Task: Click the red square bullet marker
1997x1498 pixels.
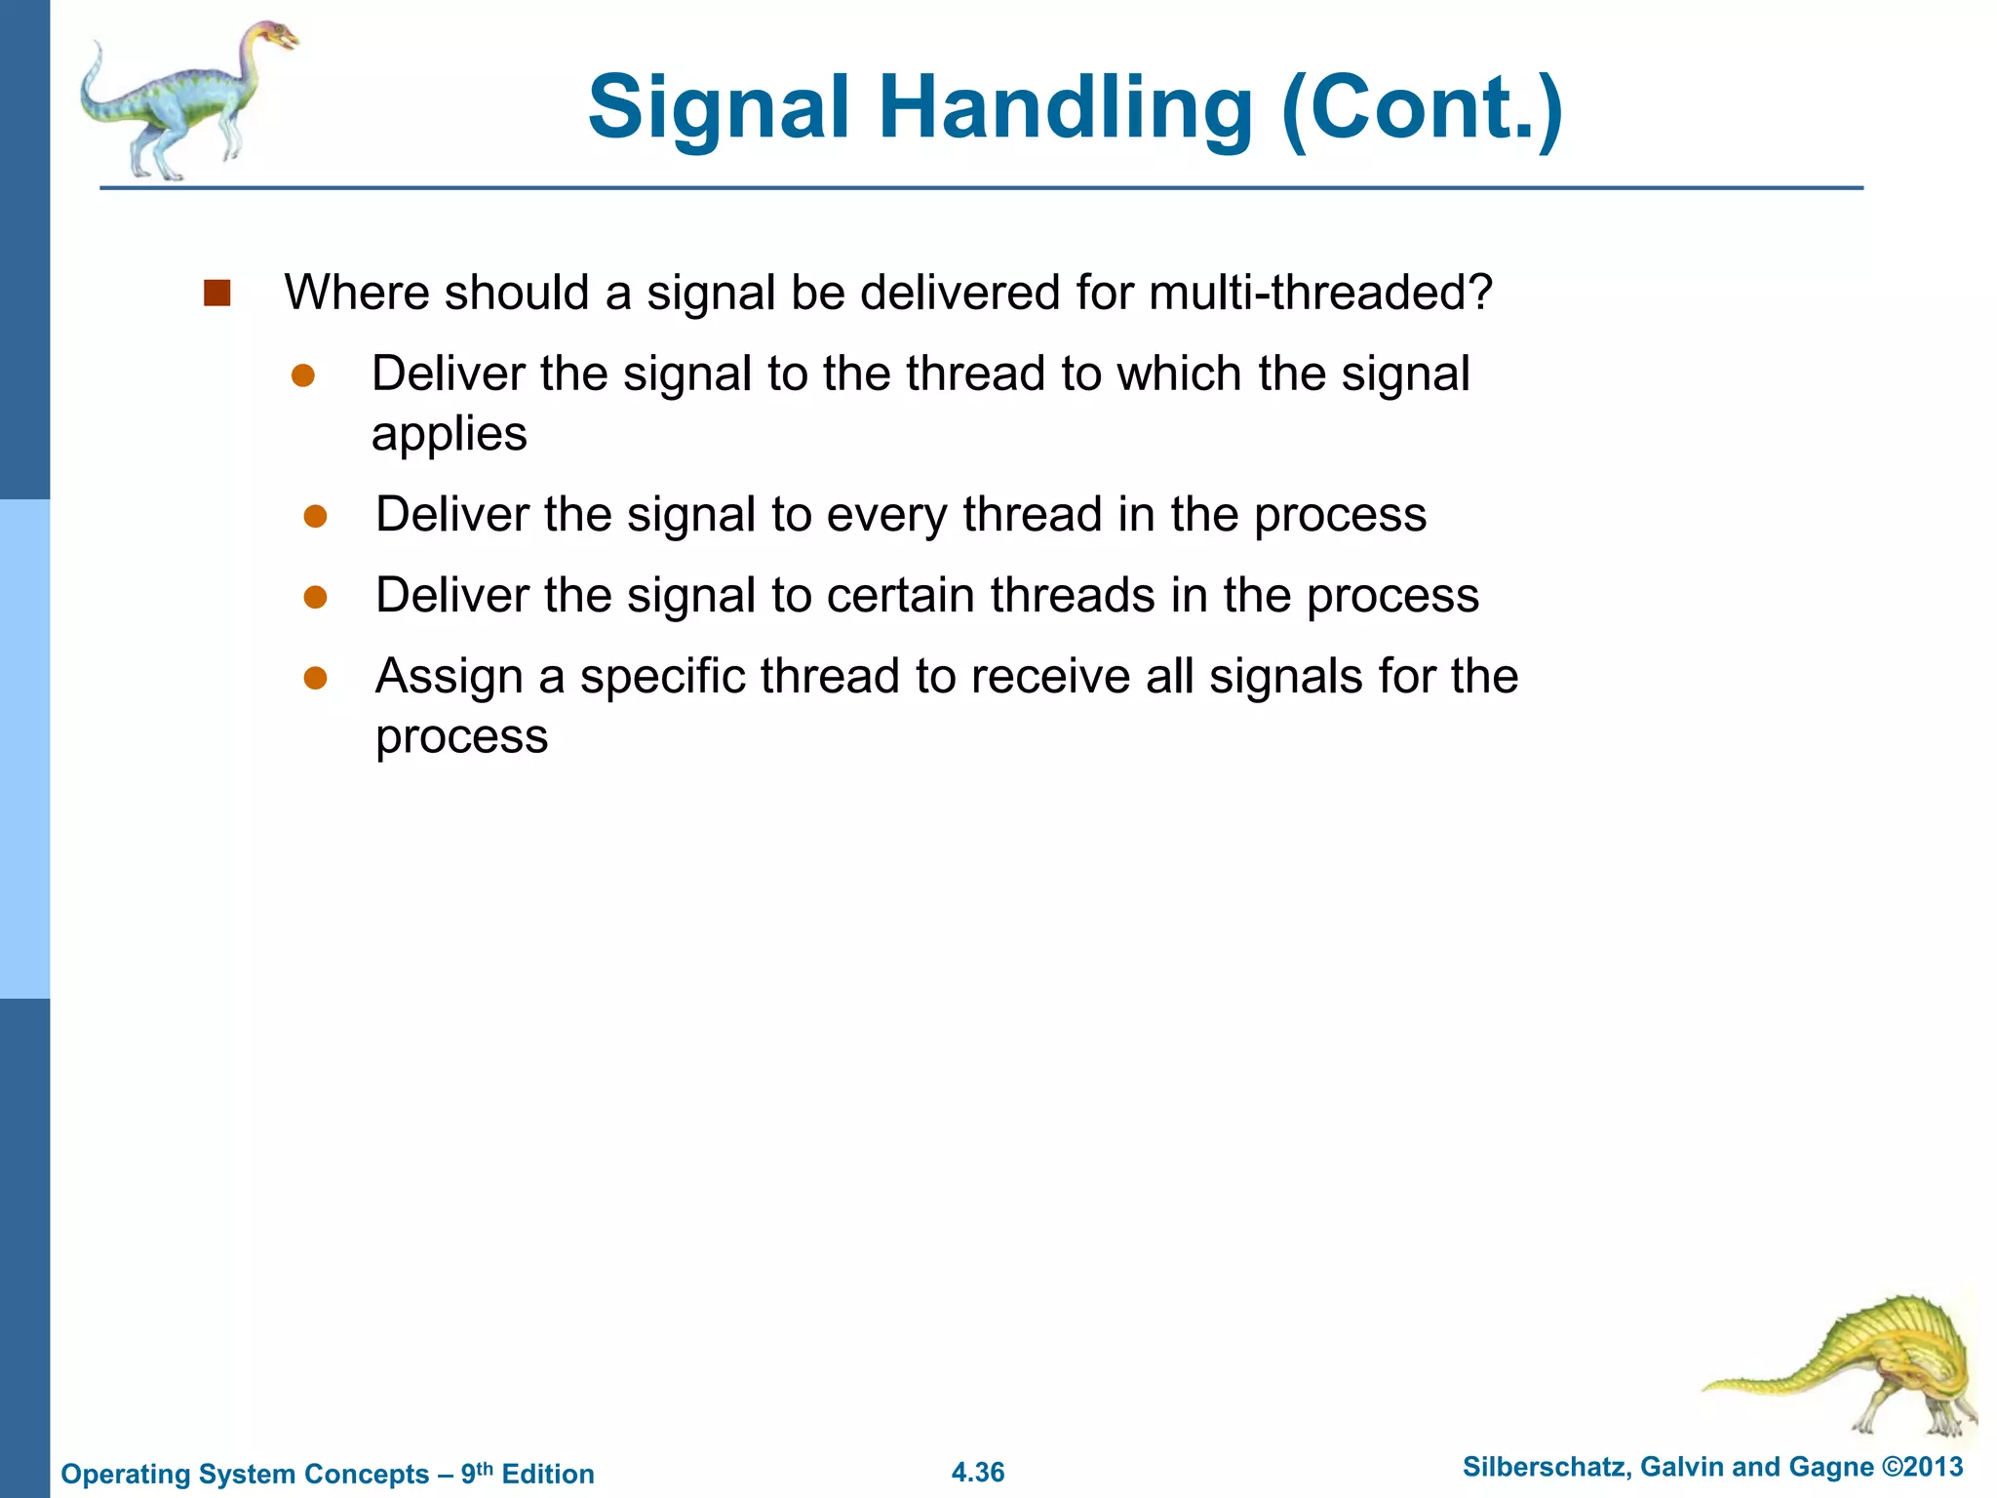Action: coord(216,293)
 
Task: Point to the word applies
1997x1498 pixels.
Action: coord(449,434)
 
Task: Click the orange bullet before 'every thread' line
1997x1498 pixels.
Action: coord(315,516)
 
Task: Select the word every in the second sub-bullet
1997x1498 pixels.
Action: coord(886,515)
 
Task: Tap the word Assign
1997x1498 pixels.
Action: coord(449,677)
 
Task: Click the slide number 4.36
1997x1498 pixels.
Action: coord(977,1472)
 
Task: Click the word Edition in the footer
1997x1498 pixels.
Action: coord(547,1474)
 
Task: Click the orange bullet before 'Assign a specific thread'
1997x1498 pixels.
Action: coord(315,678)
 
